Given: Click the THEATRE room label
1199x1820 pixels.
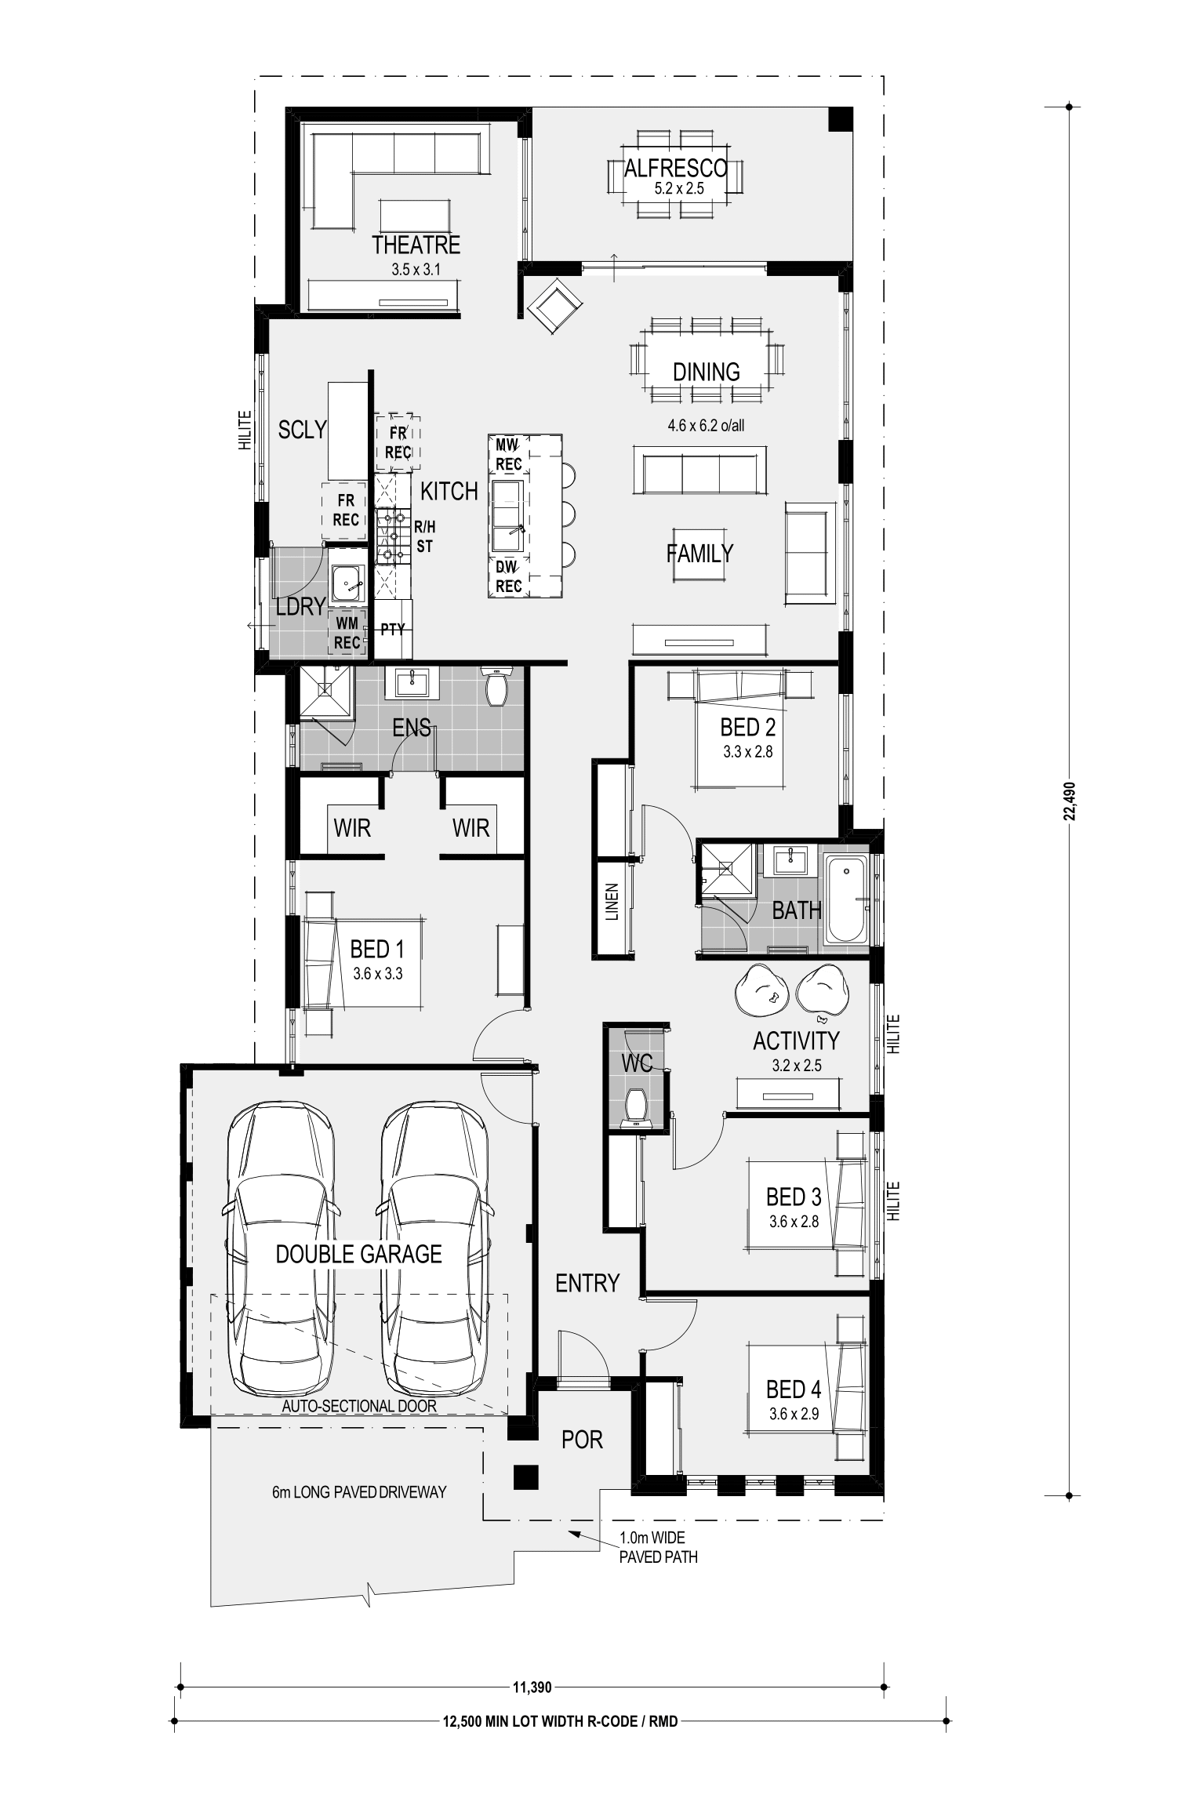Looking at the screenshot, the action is point(416,245).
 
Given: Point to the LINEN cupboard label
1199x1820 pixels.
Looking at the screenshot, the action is point(612,902).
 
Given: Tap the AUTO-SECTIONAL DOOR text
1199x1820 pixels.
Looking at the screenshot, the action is point(359,1406).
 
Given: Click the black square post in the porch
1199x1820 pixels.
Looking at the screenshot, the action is point(525,1477).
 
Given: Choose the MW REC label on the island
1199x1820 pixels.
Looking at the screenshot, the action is point(509,455).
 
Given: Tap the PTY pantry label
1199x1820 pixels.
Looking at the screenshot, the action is point(393,629).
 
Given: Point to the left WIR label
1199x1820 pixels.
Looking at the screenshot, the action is point(352,827).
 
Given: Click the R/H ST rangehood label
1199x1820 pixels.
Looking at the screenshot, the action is point(424,537).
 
